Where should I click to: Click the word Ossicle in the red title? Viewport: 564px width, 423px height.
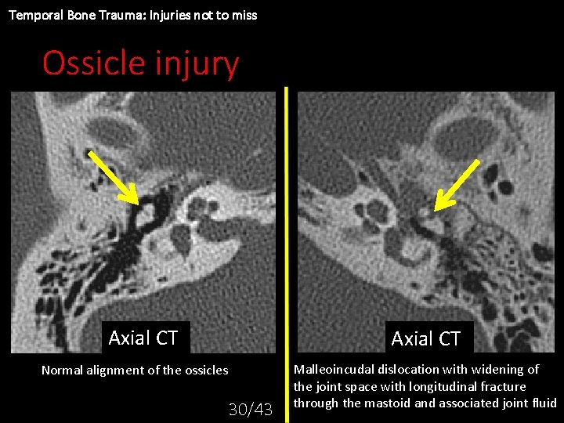point(88,63)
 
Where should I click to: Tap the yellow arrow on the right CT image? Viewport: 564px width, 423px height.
point(457,184)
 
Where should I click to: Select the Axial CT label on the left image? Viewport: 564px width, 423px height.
point(143,338)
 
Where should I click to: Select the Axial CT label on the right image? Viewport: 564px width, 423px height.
point(425,339)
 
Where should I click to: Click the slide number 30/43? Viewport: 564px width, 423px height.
point(250,409)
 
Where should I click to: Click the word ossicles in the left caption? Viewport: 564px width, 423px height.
point(206,371)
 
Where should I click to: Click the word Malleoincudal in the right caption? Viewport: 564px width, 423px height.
point(333,369)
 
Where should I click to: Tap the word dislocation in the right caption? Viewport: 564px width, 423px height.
point(408,369)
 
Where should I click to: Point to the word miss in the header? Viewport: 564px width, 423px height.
point(244,15)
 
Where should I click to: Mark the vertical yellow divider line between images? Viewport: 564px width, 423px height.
point(287,235)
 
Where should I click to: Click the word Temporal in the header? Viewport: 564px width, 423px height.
point(31,15)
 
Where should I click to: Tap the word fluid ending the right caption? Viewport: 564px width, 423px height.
point(542,403)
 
